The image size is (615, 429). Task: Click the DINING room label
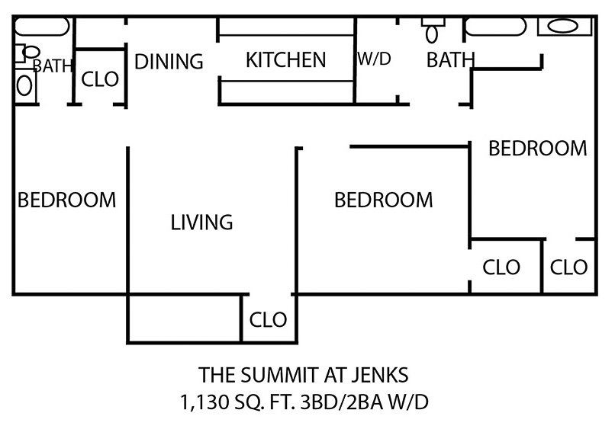click(169, 62)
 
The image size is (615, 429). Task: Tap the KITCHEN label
click(285, 60)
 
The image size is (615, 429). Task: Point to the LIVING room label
click(201, 223)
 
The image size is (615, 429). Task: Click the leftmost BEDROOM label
click(67, 200)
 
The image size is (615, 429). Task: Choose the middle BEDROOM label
click(384, 200)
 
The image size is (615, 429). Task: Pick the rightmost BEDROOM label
click(538, 148)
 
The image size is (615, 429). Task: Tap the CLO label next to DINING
click(100, 79)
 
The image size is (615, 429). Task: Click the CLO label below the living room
click(269, 318)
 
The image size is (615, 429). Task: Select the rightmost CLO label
click(569, 267)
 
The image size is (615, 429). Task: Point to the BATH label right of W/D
click(450, 60)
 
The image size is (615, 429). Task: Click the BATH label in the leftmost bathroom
click(53, 66)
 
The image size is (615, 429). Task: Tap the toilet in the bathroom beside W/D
click(432, 30)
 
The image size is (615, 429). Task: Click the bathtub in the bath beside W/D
click(495, 27)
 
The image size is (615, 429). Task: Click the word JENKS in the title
click(379, 375)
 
